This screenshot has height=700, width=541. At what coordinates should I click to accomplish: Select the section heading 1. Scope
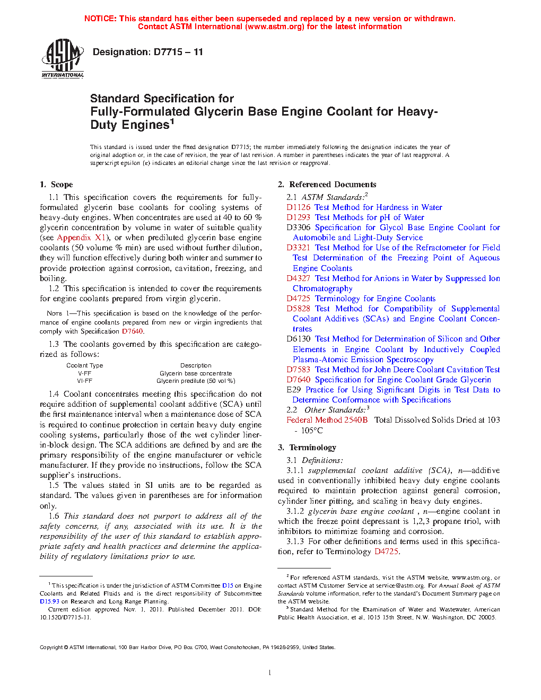(x=56, y=185)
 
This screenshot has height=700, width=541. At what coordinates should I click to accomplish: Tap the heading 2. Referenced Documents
(x=327, y=185)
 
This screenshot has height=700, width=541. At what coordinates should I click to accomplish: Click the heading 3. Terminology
(x=307, y=448)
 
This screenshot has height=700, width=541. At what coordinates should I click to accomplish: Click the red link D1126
(x=298, y=207)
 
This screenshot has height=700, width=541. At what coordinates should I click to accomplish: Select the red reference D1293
(x=298, y=217)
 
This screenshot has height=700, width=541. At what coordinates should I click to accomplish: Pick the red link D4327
(x=298, y=278)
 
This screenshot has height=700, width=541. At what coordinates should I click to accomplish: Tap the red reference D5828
(x=298, y=309)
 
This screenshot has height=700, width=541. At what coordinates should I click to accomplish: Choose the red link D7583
(x=298, y=370)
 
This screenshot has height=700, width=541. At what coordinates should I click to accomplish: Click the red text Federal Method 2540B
(x=327, y=420)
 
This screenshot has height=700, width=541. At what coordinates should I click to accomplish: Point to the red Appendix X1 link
(x=82, y=238)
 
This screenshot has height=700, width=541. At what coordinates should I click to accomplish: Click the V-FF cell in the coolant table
(x=84, y=373)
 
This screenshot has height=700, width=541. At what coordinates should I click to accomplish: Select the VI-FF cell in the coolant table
(x=84, y=381)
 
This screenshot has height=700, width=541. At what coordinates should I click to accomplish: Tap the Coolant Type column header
(x=85, y=365)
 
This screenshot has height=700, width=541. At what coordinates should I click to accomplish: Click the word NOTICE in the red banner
(x=100, y=19)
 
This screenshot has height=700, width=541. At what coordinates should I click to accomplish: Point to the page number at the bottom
(x=270, y=672)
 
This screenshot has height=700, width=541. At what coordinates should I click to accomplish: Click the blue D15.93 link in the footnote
(x=49, y=601)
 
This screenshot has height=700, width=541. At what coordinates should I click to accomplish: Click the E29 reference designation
(x=293, y=390)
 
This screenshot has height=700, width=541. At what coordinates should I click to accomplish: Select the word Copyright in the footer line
(x=51, y=647)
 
